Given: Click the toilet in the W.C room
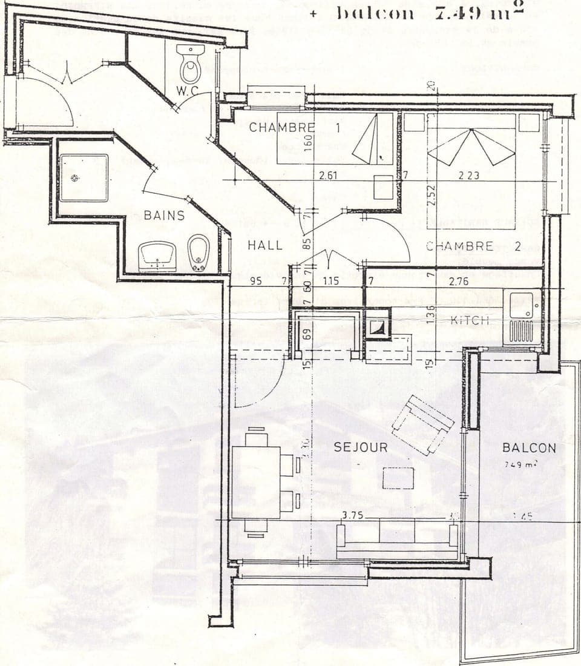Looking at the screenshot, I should coord(190,67).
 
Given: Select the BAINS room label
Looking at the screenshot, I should coord(164,215).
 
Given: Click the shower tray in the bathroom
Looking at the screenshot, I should coord(84,177).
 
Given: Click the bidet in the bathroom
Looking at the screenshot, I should coord(198,252).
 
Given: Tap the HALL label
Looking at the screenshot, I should coord(265,245).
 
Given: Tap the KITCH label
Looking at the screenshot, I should coord(470,320).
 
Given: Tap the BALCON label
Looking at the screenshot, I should coord(529,448).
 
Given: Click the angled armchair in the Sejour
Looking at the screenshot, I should coord(422,424).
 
